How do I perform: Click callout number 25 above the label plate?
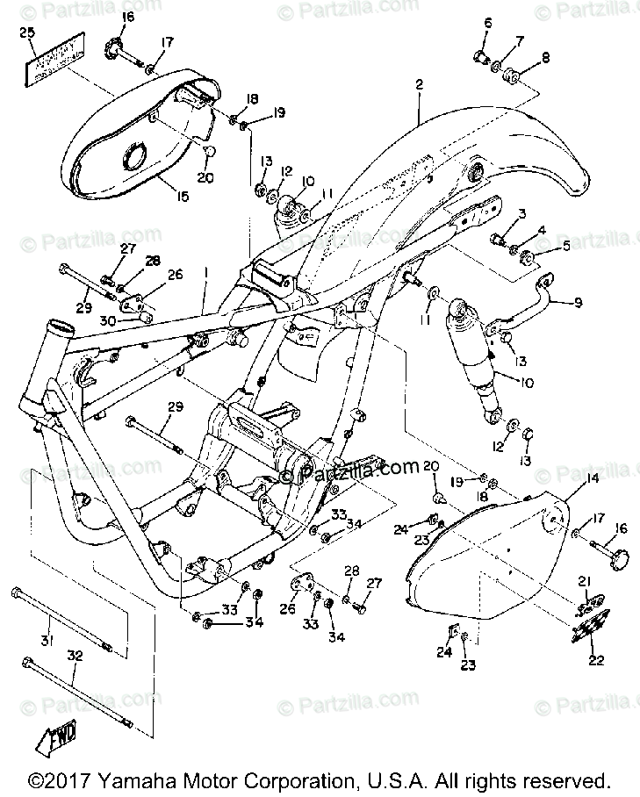pyautogui.click(x=27, y=34)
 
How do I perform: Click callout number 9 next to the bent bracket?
pyautogui.click(x=579, y=303)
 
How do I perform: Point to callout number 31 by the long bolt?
pyautogui.click(x=47, y=642)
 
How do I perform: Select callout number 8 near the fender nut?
pyautogui.click(x=547, y=59)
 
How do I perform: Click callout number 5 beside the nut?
pyautogui.click(x=566, y=247)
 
